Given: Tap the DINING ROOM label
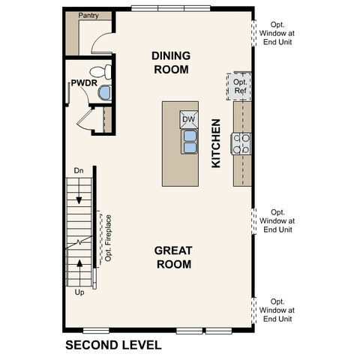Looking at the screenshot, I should [x=170, y=62].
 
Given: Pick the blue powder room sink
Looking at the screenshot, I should [x=104, y=93].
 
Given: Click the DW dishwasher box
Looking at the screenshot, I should [x=188, y=119].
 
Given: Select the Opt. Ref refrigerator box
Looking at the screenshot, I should [x=240, y=86].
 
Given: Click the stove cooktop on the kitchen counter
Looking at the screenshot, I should [x=241, y=144].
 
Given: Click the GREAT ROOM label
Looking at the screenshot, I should [x=172, y=256].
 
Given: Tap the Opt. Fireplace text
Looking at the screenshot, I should [x=109, y=238].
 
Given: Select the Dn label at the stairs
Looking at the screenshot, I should [x=79, y=172].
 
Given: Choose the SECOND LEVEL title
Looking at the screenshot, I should [x=112, y=346].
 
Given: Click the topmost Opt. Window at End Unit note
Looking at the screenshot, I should [x=277, y=33].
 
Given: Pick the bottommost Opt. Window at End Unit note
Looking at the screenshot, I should [x=277, y=310].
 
